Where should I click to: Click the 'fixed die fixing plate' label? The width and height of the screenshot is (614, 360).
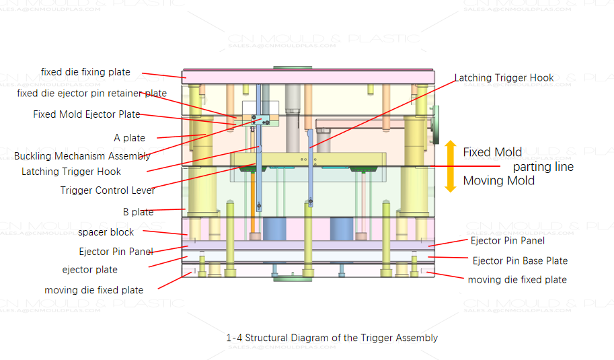(x=85, y=72)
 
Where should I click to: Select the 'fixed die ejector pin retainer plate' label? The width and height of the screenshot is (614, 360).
(x=91, y=94)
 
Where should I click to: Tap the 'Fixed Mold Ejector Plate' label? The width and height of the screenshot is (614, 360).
(x=87, y=114)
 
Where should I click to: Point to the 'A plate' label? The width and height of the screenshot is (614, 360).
(x=129, y=138)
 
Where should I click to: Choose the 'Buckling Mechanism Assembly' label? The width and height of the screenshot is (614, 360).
(x=82, y=156)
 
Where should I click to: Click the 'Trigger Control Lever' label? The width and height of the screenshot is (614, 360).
(x=108, y=190)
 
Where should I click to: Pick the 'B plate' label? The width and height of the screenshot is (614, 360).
(x=138, y=212)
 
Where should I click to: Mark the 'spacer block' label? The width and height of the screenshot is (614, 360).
(x=106, y=232)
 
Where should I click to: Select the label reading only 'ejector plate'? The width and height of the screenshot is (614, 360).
(x=89, y=270)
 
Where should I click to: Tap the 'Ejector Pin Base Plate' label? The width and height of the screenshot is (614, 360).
(x=519, y=260)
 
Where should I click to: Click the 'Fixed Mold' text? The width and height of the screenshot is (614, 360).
(x=492, y=152)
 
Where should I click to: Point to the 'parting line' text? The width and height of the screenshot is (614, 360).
(x=543, y=166)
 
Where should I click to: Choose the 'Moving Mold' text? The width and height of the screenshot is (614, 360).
(x=498, y=180)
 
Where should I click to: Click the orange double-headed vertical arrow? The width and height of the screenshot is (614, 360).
(x=451, y=166)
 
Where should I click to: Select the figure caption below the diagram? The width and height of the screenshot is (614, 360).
(x=332, y=338)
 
